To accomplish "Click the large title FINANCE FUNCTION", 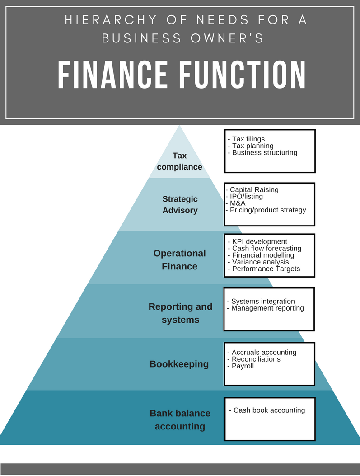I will [x=182, y=75].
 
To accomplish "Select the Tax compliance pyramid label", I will [x=180, y=161].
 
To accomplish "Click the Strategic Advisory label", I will [x=180, y=204].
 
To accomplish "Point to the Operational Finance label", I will [x=180, y=259].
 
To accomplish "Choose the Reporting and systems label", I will [x=180, y=313].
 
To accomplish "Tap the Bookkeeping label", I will [x=179, y=364].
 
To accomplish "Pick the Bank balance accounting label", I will [x=180, y=419].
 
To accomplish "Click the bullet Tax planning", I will [x=252, y=146].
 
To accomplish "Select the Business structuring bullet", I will [x=264, y=153].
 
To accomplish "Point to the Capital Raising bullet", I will [x=254, y=190].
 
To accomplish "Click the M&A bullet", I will [x=238, y=203].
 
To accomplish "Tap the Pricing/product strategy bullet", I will [x=267, y=210].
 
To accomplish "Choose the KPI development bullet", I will [x=259, y=242].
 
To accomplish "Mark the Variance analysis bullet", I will [x=260, y=262].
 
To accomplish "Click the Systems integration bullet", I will [x=262, y=302].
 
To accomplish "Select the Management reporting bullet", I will [x=267, y=308].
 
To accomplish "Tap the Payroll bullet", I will [x=243, y=366].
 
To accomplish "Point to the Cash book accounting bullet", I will [x=269, y=410].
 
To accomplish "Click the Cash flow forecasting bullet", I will [x=266, y=249].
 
